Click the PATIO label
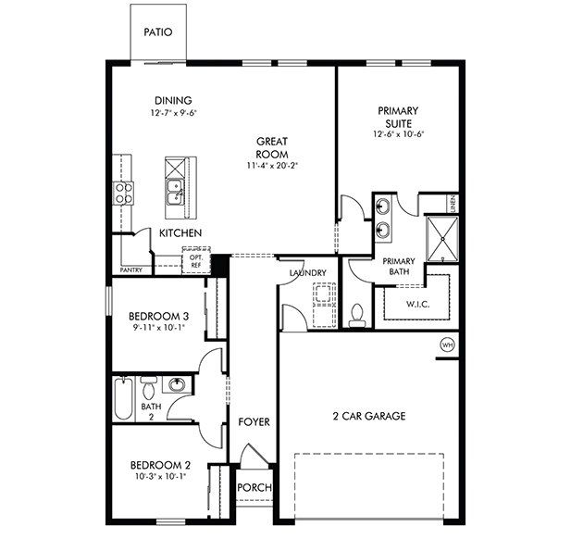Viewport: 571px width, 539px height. (x=157, y=31)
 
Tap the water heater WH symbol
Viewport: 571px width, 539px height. (x=448, y=345)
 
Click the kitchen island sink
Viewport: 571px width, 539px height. (x=172, y=192)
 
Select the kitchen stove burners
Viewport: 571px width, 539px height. (x=122, y=193)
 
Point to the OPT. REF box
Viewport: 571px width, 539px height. (x=196, y=260)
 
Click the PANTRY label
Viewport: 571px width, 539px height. (x=130, y=270)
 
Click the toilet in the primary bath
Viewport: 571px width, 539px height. (x=357, y=315)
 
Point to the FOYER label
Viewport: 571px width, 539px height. (x=254, y=422)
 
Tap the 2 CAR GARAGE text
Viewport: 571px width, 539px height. (x=369, y=417)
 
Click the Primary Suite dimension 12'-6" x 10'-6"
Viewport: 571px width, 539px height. (x=397, y=134)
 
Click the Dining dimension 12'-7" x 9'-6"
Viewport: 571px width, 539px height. (x=174, y=113)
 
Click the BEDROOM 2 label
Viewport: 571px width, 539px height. (x=160, y=465)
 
